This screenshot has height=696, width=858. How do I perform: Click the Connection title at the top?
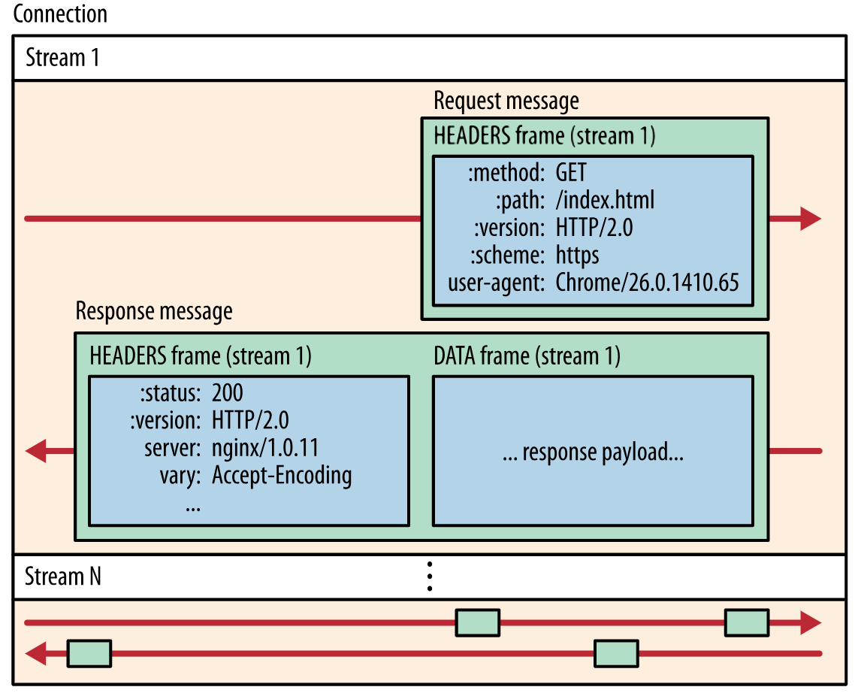coord(60,14)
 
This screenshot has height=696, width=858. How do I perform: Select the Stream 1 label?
coord(62,58)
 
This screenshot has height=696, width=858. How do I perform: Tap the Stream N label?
coord(63,577)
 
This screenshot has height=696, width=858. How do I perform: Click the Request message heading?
coord(506,101)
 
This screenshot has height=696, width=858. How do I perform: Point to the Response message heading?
coord(154,311)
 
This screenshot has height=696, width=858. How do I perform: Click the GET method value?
coord(571,174)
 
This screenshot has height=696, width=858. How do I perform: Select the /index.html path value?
coord(605,201)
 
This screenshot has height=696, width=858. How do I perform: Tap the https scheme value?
coord(577,256)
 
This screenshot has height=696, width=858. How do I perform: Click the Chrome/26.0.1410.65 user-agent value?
coord(647,283)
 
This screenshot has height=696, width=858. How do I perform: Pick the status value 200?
coord(228,392)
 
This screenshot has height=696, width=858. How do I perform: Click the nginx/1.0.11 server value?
coord(265,448)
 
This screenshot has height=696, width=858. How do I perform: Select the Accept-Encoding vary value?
coord(282,476)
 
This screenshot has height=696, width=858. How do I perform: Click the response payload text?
coord(593,452)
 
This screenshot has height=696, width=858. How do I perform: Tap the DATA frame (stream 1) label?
coord(527,356)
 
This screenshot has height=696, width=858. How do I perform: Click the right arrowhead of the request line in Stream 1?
coord(810,219)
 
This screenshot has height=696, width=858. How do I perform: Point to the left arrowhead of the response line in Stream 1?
coord(36,452)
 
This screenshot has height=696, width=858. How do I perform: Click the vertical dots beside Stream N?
coord(429,576)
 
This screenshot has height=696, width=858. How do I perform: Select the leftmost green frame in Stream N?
coord(89,653)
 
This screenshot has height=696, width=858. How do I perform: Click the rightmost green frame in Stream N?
coord(746,622)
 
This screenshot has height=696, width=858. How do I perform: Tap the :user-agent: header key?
coord(495,283)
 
